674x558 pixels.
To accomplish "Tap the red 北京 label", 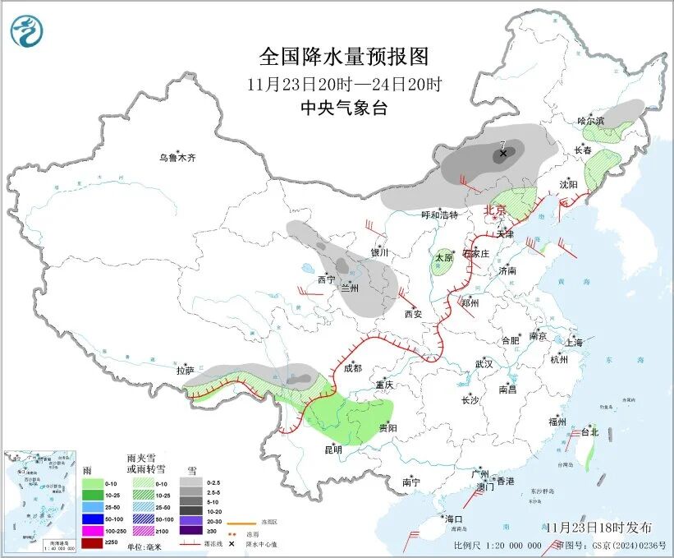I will click(496, 210).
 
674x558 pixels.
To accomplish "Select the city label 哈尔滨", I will click(590, 120).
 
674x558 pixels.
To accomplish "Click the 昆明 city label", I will click(332, 450).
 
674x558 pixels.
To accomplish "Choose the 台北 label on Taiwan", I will click(589, 431).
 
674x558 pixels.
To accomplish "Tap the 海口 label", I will click(454, 519).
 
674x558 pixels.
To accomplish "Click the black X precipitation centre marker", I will click(503, 153).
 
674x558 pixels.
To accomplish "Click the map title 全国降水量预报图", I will click(344, 57).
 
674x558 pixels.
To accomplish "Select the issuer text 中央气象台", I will click(344, 108).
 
